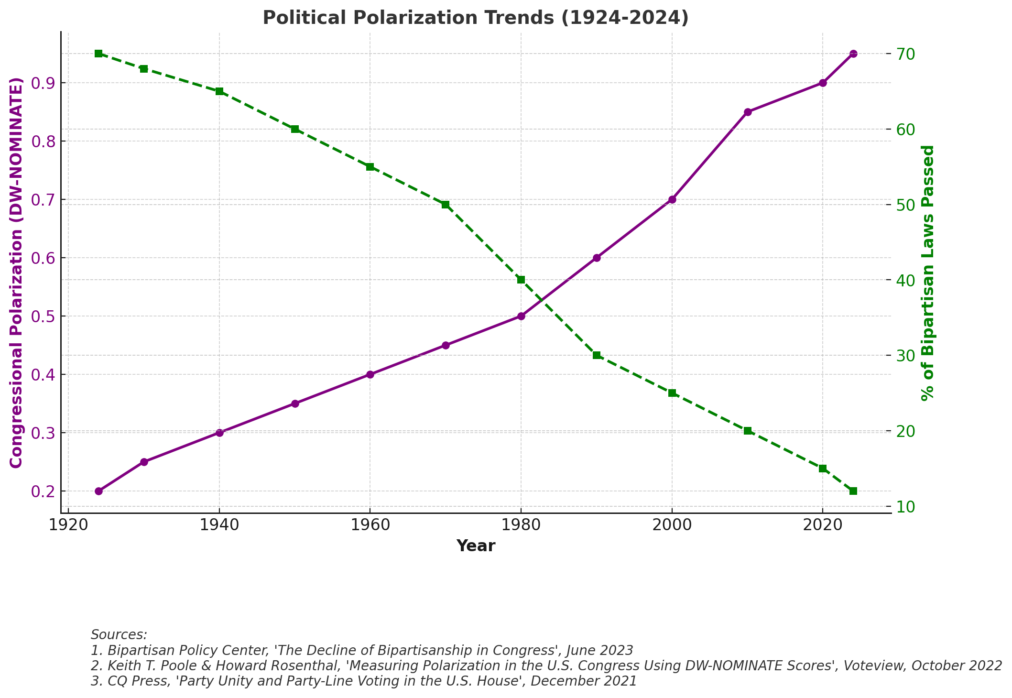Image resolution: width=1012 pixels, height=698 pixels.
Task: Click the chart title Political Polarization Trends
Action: (x=475, y=18)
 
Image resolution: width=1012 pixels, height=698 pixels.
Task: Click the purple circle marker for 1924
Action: (x=98, y=491)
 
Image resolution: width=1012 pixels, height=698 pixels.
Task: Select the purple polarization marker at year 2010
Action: (x=748, y=112)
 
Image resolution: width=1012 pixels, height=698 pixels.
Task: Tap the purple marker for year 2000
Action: (x=672, y=199)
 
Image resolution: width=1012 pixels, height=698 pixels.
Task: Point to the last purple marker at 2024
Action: (x=853, y=54)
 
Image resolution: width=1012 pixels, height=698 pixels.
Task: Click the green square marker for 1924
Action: (x=98, y=54)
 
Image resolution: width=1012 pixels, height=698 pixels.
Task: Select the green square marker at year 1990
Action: (x=597, y=355)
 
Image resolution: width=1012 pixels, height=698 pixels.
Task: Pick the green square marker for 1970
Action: (x=446, y=205)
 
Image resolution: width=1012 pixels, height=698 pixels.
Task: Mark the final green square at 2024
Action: (x=853, y=491)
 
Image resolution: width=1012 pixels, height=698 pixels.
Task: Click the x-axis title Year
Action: (x=476, y=546)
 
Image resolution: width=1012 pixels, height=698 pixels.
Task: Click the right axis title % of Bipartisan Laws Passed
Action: (x=927, y=273)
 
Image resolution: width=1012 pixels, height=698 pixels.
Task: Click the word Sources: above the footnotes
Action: (x=119, y=635)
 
